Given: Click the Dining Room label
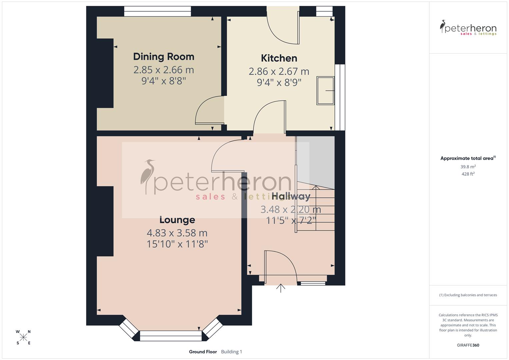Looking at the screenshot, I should [x=163, y=57].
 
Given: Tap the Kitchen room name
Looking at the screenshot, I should [x=279, y=58].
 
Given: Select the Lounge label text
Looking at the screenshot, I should [x=177, y=220].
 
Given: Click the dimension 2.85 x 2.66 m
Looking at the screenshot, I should [x=163, y=70].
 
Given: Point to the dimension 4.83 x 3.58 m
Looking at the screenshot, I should [x=177, y=233].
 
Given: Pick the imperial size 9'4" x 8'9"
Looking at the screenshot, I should [x=279, y=82].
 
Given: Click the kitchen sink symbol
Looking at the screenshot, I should [x=325, y=91].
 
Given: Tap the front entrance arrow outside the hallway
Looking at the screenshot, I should [x=281, y=288].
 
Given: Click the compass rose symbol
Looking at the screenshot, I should [x=23, y=337].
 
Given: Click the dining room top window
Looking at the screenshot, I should [x=158, y=12].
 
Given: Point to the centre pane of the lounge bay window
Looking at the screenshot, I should [x=171, y=336].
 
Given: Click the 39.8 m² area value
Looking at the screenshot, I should [x=468, y=167].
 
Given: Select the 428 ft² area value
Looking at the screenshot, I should [x=468, y=174].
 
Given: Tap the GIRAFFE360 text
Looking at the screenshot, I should [x=468, y=345].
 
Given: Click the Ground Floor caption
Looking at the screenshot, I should [x=203, y=352].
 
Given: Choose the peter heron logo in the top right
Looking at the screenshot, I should [x=468, y=28].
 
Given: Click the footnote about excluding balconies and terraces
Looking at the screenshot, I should [x=468, y=295].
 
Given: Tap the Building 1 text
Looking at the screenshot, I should [x=231, y=352].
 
